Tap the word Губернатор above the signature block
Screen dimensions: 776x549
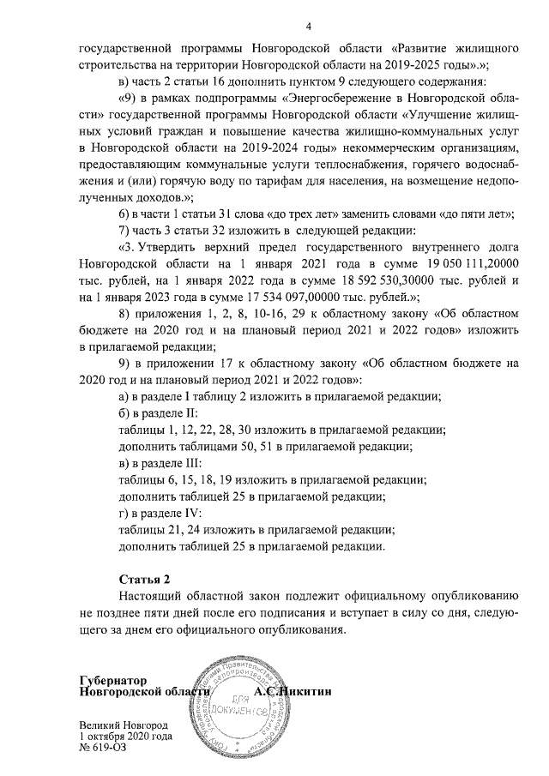[x=112, y=678]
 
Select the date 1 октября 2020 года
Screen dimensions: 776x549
[x=125, y=736]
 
